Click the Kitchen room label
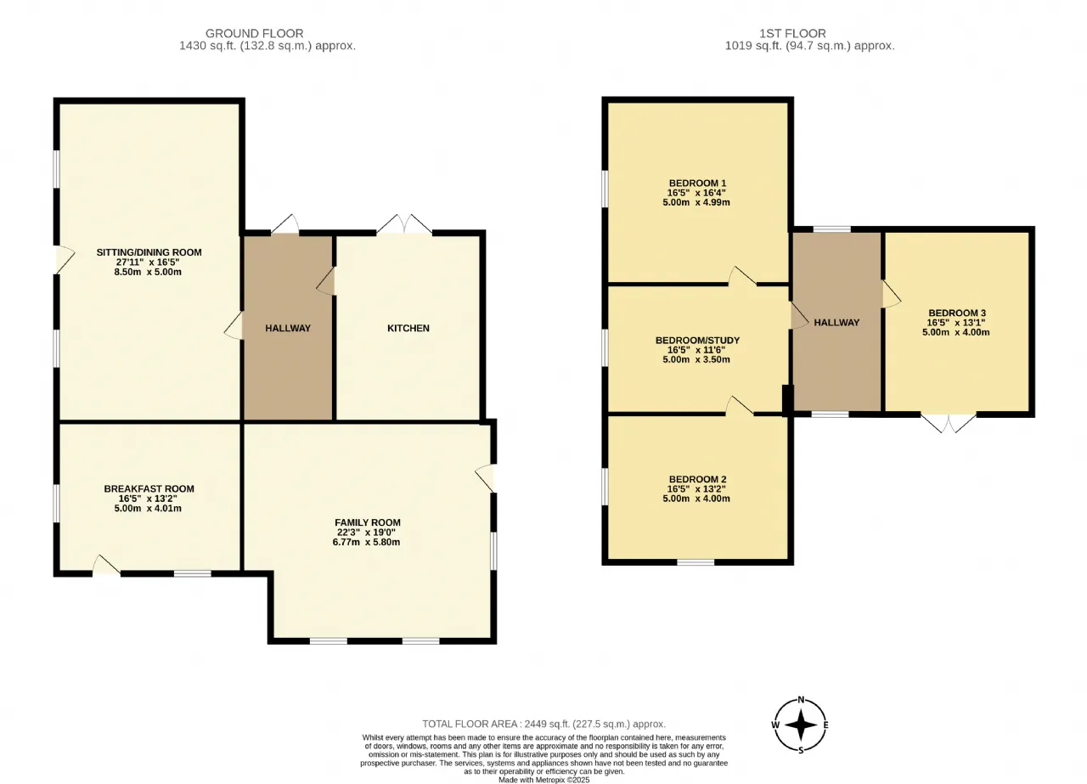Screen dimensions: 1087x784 click(408, 328)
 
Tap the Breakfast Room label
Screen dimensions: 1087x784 click(149, 489)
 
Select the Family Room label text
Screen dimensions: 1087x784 click(368, 522)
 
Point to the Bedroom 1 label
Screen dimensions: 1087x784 click(697, 183)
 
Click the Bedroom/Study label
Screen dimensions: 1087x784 click(697, 341)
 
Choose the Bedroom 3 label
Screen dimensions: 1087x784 click(957, 313)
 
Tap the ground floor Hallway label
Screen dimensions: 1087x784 click(288, 328)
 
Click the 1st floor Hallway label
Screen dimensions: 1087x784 click(836, 322)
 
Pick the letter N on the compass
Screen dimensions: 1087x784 click(801, 700)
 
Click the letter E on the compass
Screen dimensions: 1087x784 click(825, 725)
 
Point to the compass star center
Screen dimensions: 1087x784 click(801, 725)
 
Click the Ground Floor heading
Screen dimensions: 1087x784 click(254, 33)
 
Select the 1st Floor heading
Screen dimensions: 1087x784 click(792, 33)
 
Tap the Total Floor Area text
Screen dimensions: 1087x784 click(544, 724)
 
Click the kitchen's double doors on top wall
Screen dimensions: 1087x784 click(404, 224)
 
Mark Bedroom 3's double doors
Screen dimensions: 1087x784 click(949, 423)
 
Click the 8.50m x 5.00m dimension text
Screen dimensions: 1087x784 click(148, 272)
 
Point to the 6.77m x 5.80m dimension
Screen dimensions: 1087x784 click(366, 542)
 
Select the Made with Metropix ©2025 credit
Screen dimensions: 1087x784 click(544, 780)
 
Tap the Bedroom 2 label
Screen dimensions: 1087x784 click(697, 479)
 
